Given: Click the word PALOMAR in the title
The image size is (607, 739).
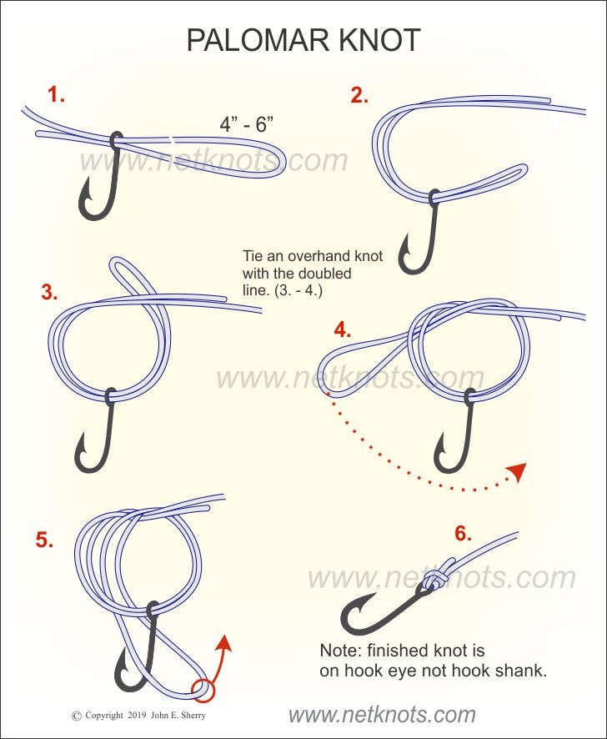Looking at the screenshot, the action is click(x=258, y=40).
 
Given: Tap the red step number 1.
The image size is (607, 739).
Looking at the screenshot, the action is click(x=56, y=95).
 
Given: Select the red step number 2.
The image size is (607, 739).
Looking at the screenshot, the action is click(x=359, y=96).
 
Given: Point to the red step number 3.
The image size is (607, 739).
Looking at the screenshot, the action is click(x=49, y=292).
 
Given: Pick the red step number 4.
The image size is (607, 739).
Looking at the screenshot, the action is click(x=342, y=329).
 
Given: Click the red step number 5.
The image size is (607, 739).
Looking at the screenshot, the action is click(x=44, y=540).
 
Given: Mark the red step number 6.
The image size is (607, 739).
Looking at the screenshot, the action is click(x=463, y=533).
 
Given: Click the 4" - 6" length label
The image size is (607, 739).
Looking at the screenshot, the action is click(x=247, y=124).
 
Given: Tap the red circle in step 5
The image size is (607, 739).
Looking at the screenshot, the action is click(x=203, y=690).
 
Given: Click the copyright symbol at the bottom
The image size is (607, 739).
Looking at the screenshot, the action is click(x=77, y=716).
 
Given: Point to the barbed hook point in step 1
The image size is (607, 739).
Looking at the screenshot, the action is click(x=85, y=194).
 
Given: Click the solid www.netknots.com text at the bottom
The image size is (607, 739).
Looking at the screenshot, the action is click(x=382, y=715).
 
